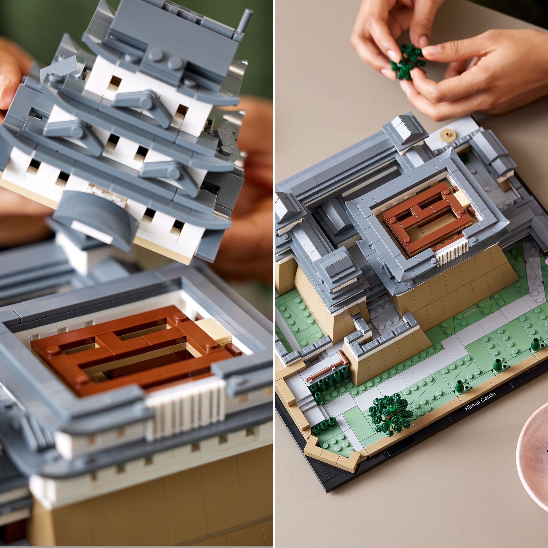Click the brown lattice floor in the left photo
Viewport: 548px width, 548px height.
click(x=133, y=344)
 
